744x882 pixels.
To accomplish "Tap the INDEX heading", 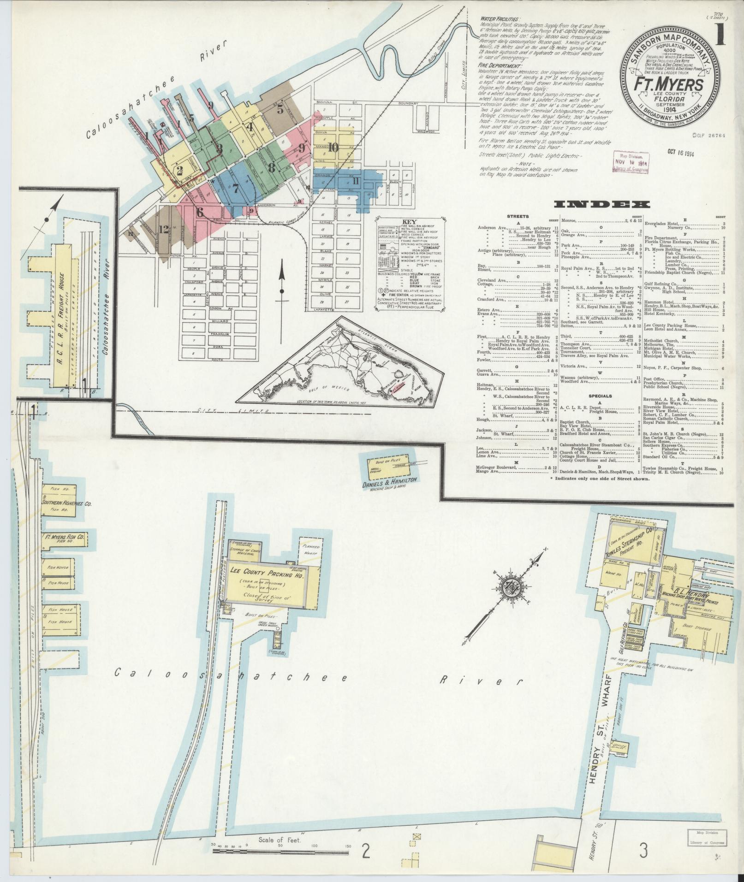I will tap(603, 205).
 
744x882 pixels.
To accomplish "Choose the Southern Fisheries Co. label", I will tap(66, 503).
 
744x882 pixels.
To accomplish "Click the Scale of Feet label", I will tap(280, 840).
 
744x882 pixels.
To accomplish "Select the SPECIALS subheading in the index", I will tap(600, 396).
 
